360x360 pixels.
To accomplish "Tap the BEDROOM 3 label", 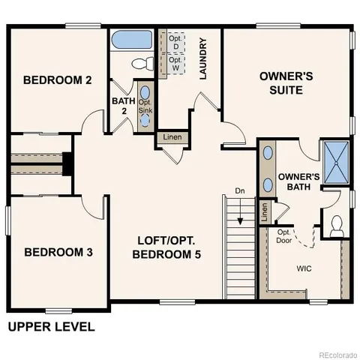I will (58, 252).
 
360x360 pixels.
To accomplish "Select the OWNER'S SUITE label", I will (280, 82).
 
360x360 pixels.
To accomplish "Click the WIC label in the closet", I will (304, 268).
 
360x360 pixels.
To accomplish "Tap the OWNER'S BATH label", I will (298, 182).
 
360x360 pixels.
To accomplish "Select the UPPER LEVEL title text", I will (51, 327).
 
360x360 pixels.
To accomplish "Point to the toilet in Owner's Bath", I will (337, 224).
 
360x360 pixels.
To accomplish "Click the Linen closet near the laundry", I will (172, 138).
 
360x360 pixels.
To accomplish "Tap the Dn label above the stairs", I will (239, 191).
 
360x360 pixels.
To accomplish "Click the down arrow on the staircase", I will (240, 217).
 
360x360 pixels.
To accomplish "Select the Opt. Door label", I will (284, 237).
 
